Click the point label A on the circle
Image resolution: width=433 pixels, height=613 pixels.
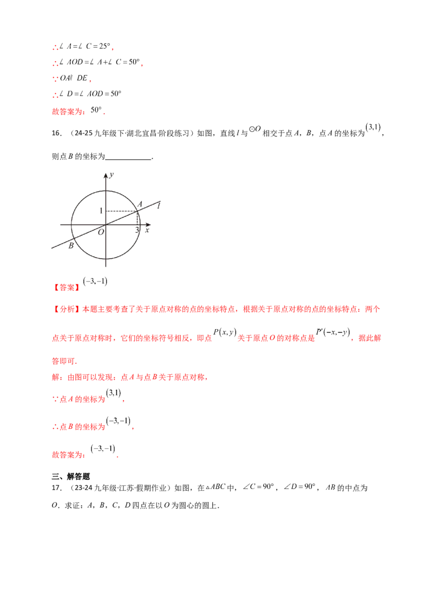click(140, 204)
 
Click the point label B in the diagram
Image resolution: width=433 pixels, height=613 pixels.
click(71, 245)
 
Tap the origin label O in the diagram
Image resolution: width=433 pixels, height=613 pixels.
click(101, 232)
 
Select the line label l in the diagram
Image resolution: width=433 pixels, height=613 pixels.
click(159, 205)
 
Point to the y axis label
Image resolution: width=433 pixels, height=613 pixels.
click(111, 175)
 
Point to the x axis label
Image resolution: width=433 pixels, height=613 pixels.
click(147, 230)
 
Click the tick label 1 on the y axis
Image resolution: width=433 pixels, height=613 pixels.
click(101, 211)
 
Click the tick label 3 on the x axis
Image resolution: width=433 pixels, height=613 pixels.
click(137, 230)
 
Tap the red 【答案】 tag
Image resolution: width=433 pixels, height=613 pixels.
click(67, 288)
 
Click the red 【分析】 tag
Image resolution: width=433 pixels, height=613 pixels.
click(67, 309)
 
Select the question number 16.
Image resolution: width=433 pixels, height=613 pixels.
click(57, 133)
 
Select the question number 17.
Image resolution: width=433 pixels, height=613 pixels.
click(57, 487)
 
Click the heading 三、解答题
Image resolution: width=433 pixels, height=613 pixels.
click(71, 476)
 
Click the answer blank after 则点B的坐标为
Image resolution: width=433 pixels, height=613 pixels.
click(128, 157)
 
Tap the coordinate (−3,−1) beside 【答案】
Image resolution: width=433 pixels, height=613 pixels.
click(95, 281)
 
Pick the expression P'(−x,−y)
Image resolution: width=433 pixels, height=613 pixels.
click(333, 332)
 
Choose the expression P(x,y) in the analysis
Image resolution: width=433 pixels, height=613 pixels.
click(225, 332)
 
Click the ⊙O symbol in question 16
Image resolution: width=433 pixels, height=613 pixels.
click(255, 129)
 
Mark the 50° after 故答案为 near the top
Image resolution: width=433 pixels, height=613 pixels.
click(96, 110)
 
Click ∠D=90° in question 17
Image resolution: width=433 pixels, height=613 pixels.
click(299, 487)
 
